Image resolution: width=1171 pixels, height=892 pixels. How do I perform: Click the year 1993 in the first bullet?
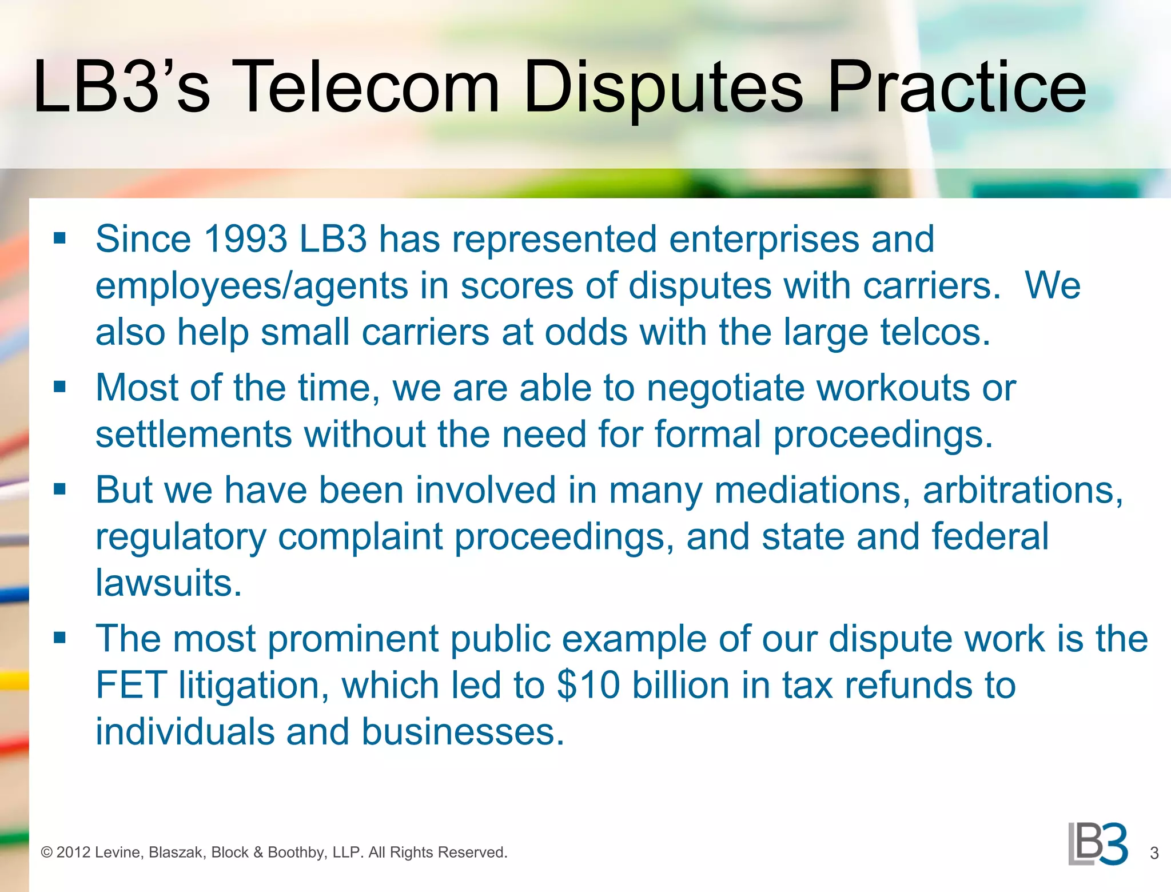245,238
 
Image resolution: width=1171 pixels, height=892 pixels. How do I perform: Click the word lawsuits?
169,583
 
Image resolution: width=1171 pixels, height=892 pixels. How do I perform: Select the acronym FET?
131,685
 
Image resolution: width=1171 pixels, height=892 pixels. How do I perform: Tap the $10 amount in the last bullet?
588,685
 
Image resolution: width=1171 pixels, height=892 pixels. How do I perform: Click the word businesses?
463,732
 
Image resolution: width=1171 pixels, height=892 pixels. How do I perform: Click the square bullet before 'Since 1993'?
59,238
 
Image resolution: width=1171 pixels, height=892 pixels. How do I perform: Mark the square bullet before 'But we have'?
59,489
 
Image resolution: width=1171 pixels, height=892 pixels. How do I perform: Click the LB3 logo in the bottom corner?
1098,844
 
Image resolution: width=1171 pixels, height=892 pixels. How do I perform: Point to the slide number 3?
1154,853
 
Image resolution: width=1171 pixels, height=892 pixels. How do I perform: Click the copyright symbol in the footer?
47,853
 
